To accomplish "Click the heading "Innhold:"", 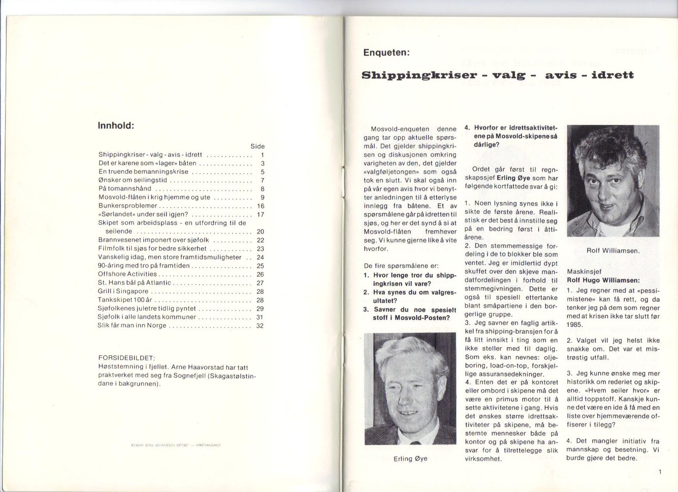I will pos(116,125).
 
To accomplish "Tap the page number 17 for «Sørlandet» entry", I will pos(260,214).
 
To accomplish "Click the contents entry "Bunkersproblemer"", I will pos(128,206).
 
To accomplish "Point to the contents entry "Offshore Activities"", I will pos(127,274).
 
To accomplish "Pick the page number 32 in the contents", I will pos(260,325).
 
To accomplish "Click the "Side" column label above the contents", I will pos(257,146).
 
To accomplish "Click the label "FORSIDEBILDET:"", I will pos(127,358).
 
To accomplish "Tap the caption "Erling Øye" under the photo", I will pos(410,459).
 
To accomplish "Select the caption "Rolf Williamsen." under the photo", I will pos(613,250).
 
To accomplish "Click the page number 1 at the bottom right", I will pos(659,472).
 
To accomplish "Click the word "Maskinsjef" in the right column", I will pos(584,271).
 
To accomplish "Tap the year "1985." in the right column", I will pos(575,325).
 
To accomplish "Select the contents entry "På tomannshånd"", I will pos(125,188).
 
